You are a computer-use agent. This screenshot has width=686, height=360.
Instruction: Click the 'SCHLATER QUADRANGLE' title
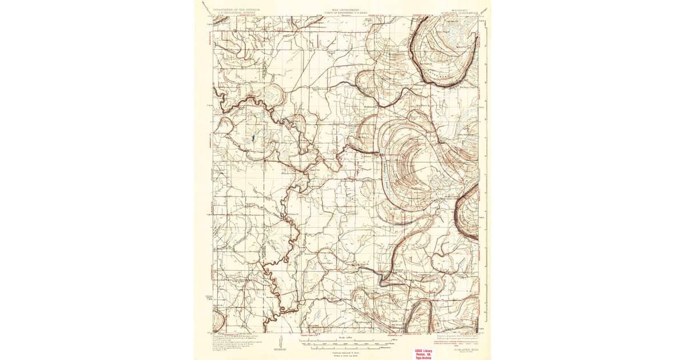pos(457,13)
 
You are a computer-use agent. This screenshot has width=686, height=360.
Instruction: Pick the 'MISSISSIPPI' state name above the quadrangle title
pos(457,9)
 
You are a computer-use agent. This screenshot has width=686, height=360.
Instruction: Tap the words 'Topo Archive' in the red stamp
pos(424,357)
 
